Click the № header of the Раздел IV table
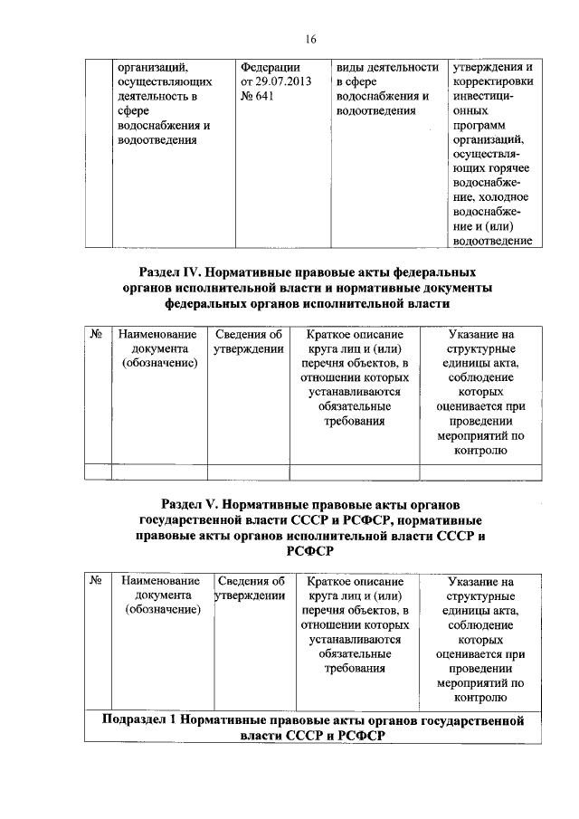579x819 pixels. pos(97,335)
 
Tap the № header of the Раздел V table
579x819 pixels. pos(97,581)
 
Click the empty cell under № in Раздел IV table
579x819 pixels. pos(97,471)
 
